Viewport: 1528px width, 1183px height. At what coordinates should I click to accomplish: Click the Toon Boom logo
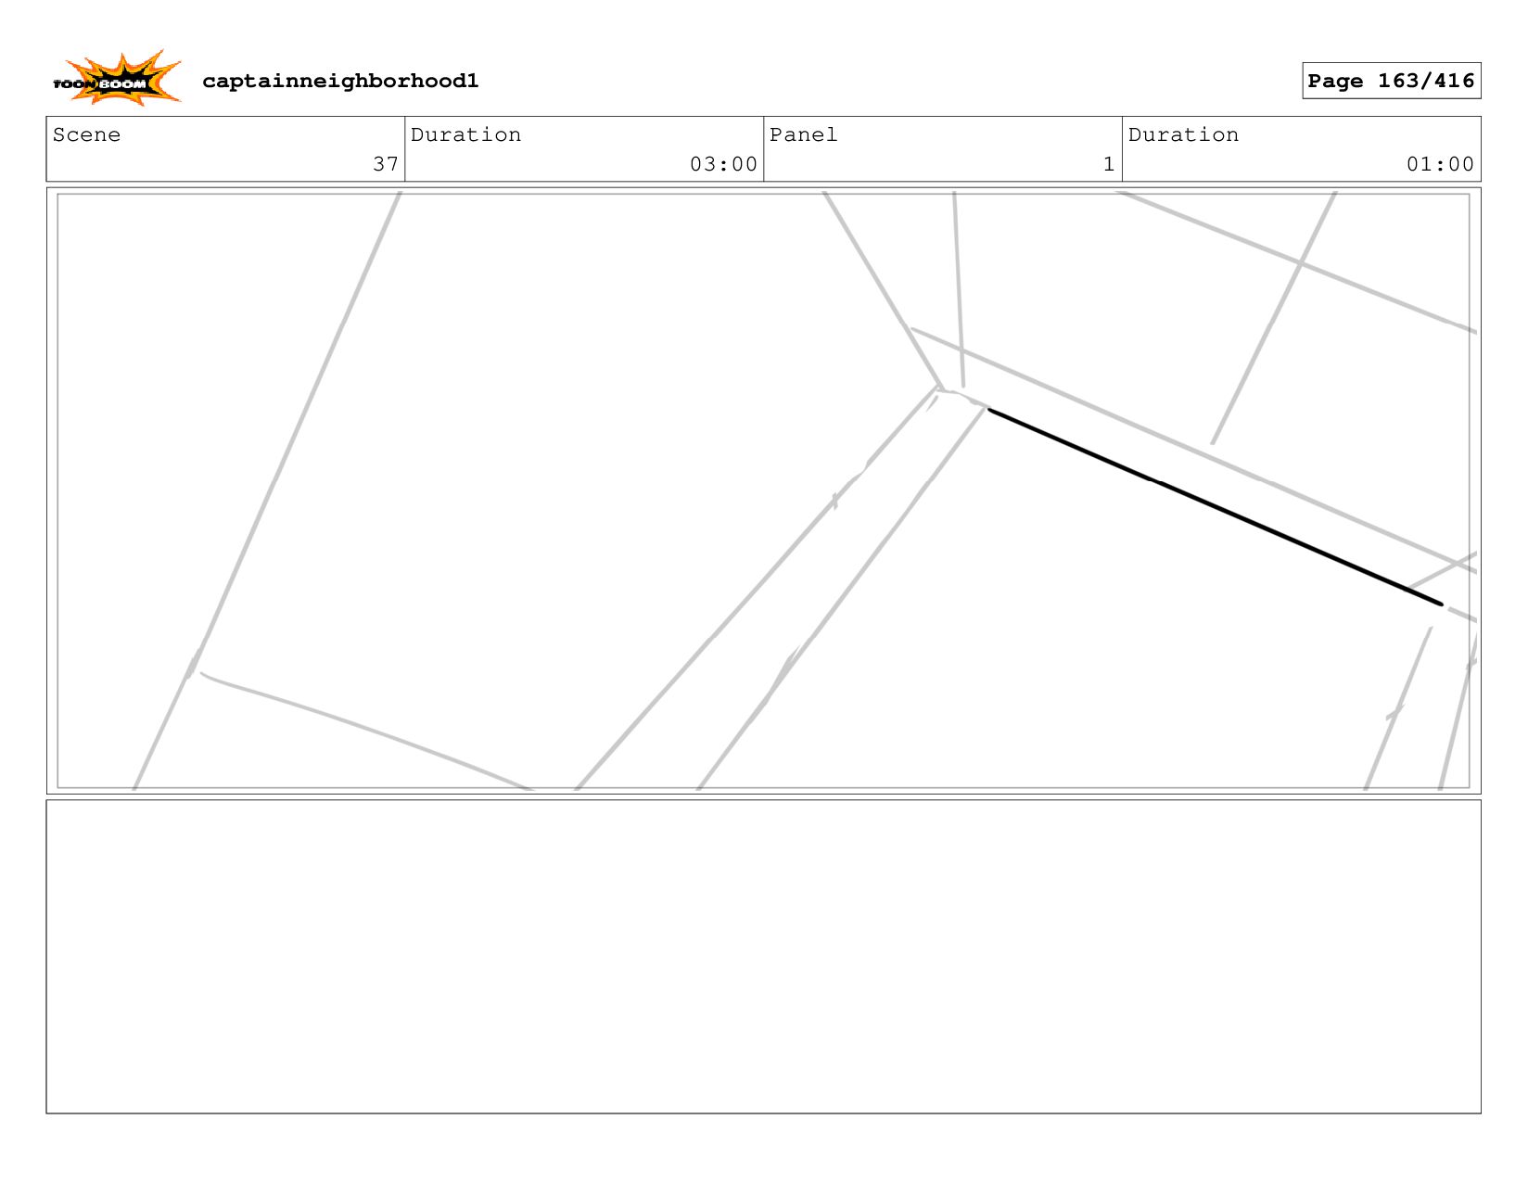(x=117, y=79)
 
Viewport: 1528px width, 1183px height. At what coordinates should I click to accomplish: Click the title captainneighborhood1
(x=340, y=82)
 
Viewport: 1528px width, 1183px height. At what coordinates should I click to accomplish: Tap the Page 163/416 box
(x=1391, y=81)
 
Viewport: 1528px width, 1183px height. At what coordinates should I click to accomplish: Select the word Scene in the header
(x=86, y=135)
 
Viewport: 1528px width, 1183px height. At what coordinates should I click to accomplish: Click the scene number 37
(x=385, y=164)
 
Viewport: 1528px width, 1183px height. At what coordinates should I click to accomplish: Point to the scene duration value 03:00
(x=723, y=164)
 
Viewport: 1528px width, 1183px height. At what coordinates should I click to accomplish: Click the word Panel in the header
(x=803, y=135)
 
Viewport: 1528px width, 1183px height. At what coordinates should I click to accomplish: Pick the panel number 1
(x=1108, y=164)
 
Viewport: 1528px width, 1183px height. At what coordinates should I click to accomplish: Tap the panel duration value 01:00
(x=1440, y=164)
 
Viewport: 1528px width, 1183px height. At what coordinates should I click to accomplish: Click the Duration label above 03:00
(x=465, y=135)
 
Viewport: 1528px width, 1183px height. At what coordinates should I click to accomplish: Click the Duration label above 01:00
(x=1183, y=135)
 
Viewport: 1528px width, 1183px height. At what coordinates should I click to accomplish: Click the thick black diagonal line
(x=1215, y=506)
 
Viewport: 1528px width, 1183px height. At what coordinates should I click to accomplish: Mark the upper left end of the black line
(x=990, y=410)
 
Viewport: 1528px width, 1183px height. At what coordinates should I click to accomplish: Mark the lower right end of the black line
(x=1441, y=604)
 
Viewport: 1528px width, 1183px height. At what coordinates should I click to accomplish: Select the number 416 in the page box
(x=1453, y=82)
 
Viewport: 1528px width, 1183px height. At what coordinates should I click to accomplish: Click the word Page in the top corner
(x=1335, y=82)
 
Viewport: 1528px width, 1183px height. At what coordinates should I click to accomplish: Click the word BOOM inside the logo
(x=123, y=84)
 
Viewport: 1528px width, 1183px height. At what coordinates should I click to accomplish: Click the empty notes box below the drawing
(x=763, y=956)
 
